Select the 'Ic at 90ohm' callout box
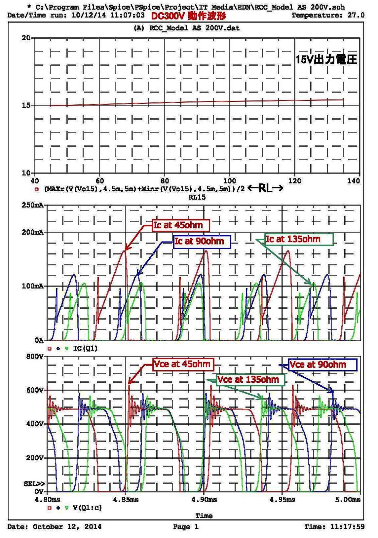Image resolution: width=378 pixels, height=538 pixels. [202, 242]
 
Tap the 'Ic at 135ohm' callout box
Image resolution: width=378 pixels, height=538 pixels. [299, 239]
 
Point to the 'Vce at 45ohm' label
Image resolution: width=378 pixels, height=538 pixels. [182, 365]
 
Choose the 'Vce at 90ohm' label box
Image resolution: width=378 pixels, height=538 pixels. [322, 365]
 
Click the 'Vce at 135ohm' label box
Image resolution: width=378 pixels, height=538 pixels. [250, 379]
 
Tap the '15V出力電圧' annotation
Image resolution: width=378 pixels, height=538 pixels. [326, 60]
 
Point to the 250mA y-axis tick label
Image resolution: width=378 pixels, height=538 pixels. [33, 205]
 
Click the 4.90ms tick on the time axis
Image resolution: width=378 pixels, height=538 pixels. [204, 500]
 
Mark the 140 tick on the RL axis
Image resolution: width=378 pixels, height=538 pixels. [354, 181]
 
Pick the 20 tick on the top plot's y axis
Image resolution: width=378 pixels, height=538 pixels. [26, 38]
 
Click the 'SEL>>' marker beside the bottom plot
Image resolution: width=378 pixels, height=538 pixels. [34, 484]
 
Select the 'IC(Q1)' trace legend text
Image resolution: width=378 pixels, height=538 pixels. [85, 348]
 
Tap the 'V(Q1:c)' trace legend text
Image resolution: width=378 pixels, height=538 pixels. [87, 508]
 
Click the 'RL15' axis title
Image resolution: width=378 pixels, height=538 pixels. [197, 197]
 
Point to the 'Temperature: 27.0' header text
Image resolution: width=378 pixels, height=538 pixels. [328, 15]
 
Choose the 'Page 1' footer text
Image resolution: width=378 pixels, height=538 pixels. [186, 527]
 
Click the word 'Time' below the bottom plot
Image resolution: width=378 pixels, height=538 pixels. [204, 516]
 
